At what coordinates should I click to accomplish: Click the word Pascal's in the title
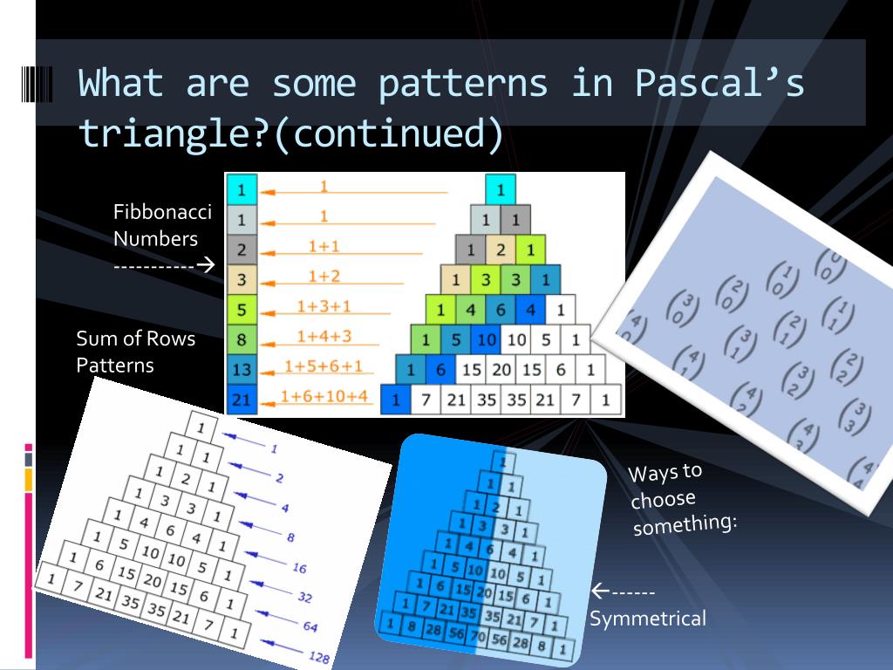719,84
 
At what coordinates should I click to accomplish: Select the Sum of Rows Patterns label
135,352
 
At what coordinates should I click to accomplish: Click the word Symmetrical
647,619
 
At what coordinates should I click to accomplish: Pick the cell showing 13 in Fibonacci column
242,369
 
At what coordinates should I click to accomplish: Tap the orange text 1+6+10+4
324,397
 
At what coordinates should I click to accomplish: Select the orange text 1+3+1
324,306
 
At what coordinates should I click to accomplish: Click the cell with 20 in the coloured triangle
501,370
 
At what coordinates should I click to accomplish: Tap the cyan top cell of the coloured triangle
501,188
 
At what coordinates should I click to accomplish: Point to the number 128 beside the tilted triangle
319,658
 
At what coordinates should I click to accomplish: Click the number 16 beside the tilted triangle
298,568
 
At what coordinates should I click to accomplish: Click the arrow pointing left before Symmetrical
600,591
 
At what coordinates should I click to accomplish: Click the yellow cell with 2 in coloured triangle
501,250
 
